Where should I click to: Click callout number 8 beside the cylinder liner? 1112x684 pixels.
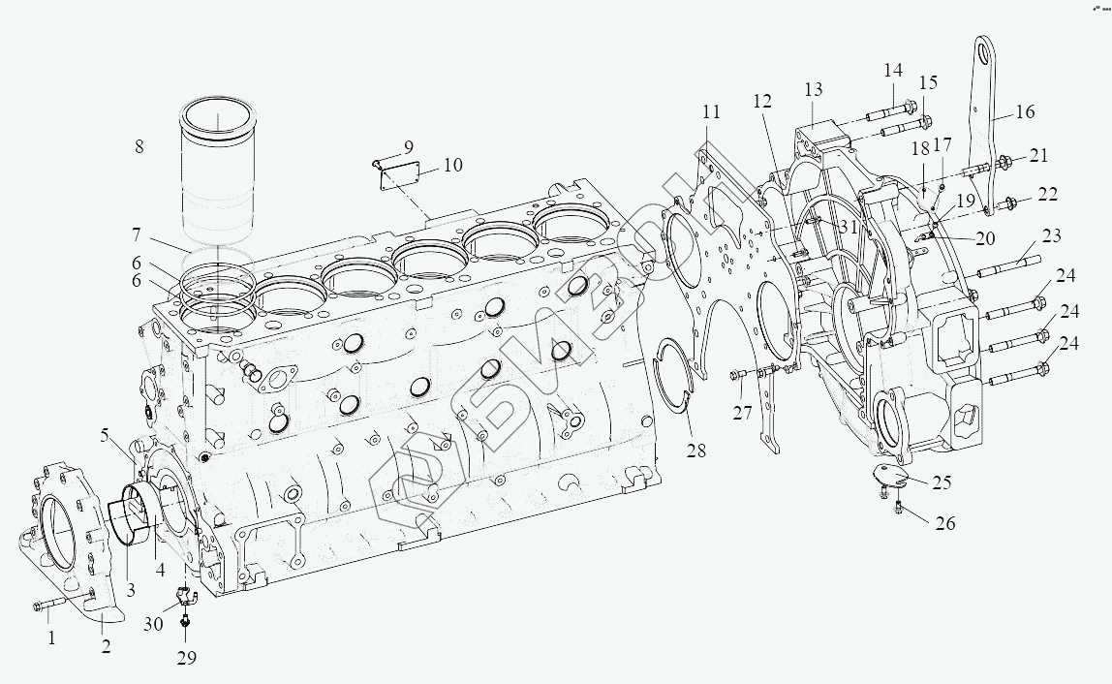(139, 147)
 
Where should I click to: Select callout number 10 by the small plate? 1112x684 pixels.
(452, 165)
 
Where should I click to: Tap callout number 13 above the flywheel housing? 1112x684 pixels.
(812, 90)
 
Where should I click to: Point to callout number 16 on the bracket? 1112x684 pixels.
(1025, 112)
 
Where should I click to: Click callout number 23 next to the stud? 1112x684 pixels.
(1052, 236)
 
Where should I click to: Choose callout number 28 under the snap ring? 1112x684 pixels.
(697, 451)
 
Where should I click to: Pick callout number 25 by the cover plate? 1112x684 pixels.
(942, 482)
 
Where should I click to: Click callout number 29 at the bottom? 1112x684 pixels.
(186, 658)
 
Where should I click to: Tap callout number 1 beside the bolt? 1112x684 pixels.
(52, 637)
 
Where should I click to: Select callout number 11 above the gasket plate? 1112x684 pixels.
(712, 109)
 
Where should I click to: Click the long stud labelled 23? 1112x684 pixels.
(1007, 264)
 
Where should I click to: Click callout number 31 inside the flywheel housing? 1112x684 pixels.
(849, 227)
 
